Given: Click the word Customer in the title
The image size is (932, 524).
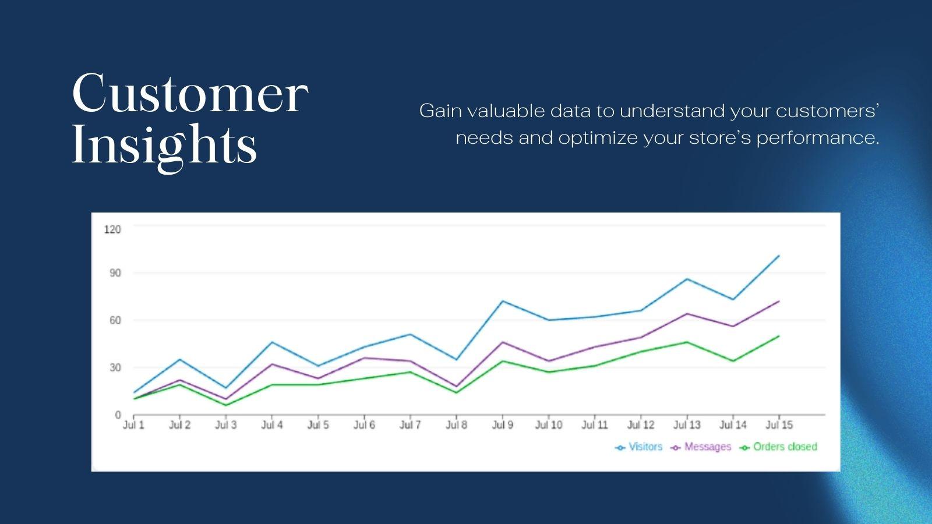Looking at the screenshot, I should click(190, 93).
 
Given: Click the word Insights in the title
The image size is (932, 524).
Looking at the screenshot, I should click(164, 145).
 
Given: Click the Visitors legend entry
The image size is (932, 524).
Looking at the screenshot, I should click(639, 447).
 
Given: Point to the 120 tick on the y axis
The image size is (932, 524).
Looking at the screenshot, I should click(112, 229).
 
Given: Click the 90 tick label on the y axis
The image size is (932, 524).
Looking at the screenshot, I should click(115, 273).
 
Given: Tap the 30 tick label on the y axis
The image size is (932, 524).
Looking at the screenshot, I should click(115, 367).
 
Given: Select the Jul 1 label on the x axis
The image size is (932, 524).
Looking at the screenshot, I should click(133, 425).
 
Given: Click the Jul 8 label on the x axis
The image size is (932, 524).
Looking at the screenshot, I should click(456, 425).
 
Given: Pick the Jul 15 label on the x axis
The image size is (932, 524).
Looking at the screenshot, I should click(779, 425).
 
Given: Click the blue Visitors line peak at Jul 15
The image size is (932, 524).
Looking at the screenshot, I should click(779, 256).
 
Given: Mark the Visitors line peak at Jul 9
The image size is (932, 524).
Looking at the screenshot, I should click(502, 301).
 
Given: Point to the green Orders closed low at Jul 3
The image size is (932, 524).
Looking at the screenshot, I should click(225, 405).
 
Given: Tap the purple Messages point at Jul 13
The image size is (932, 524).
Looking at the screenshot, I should click(687, 314).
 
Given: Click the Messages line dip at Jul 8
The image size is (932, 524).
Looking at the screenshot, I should click(456, 387).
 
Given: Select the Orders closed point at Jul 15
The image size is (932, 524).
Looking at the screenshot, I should click(779, 336).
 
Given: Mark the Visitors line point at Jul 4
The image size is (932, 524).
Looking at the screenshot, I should click(272, 342).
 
